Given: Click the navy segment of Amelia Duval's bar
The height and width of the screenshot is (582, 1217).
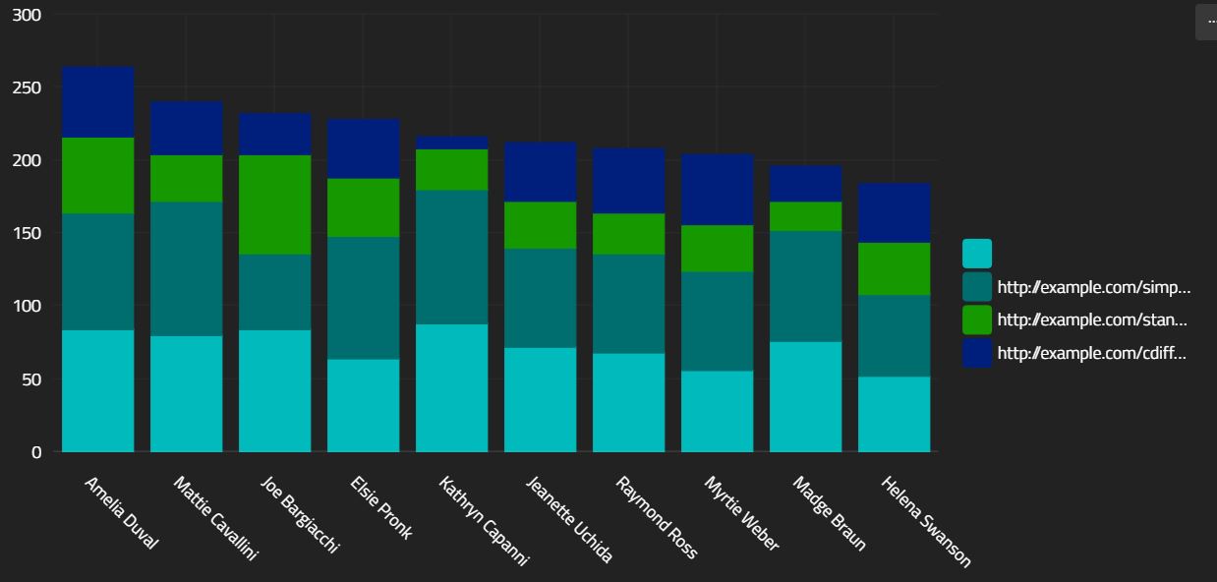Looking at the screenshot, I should pyautogui.click(x=97, y=102).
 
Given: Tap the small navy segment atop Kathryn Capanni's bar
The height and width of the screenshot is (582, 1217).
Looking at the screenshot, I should pyautogui.click(x=451, y=144).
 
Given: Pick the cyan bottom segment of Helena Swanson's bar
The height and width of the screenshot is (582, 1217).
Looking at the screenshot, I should pyautogui.click(x=894, y=414).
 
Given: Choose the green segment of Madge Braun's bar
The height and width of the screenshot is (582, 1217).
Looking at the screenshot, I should pyautogui.click(x=805, y=216).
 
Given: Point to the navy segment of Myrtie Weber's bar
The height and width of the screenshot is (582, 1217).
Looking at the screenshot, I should pyautogui.click(x=717, y=190).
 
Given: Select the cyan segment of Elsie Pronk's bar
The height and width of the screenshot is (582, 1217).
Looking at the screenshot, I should pyautogui.click(x=363, y=405).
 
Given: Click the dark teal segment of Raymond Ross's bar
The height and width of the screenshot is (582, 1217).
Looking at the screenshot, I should pyautogui.click(x=628, y=304).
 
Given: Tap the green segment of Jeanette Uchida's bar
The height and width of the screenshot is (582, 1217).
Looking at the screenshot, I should pyautogui.click(x=540, y=225).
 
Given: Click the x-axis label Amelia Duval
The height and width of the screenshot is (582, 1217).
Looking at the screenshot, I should pyautogui.click(x=120, y=512).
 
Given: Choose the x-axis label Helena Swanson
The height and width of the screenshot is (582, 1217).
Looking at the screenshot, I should pyautogui.click(x=925, y=522).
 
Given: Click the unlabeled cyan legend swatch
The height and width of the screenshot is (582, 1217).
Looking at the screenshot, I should pyautogui.click(x=976, y=254).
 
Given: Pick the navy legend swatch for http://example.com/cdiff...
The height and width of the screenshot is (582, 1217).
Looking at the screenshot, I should pyautogui.click(x=976, y=353).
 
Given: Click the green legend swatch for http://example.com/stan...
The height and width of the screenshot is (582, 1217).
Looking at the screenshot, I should pyautogui.click(x=976, y=320).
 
